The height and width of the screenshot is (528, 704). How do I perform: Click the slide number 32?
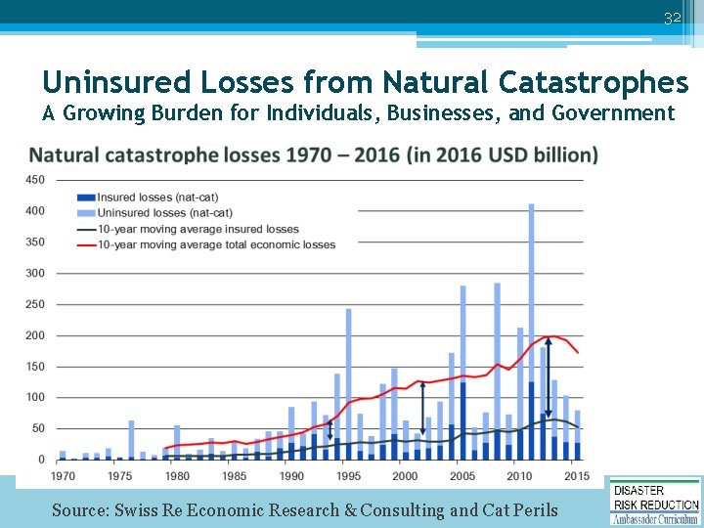pyautogui.click(x=672, y=19)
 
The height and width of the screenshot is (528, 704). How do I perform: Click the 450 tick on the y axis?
pyautogui.click(x=35, y=180)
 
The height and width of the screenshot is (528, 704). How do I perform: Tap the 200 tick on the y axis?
pyautogui.click(x=35, y=335)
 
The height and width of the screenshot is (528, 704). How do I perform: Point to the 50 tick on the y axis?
pyautogui.click(x=38, y=428)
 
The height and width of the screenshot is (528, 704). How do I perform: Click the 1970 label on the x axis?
pyautogui.click(x=63, y=476)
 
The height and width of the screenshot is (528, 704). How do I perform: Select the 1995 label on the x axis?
pyautogui.click(x=348, y=476)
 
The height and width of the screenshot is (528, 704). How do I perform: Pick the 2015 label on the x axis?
pyautogui.click(x=577, y=476)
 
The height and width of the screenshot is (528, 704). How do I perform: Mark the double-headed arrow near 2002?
pyautogui.click(x=422, y=410)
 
